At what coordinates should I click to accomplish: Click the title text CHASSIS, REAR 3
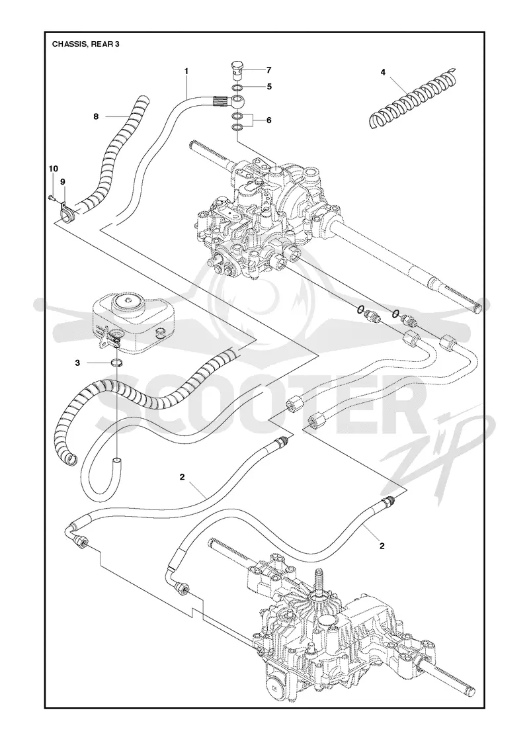(85, 44)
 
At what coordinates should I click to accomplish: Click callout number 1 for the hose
(186, 71)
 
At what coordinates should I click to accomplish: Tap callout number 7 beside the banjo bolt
(268, 70)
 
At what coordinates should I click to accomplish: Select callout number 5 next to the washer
(268, 87)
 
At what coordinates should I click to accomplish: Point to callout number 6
(268, 120)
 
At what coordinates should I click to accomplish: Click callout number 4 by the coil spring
(383, 72)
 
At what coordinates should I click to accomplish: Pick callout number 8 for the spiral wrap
(96, 116)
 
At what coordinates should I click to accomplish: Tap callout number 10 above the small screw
(54, 169)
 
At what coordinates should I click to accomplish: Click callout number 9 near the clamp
(62, 181)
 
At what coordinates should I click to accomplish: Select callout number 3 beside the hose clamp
(77, 363)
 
